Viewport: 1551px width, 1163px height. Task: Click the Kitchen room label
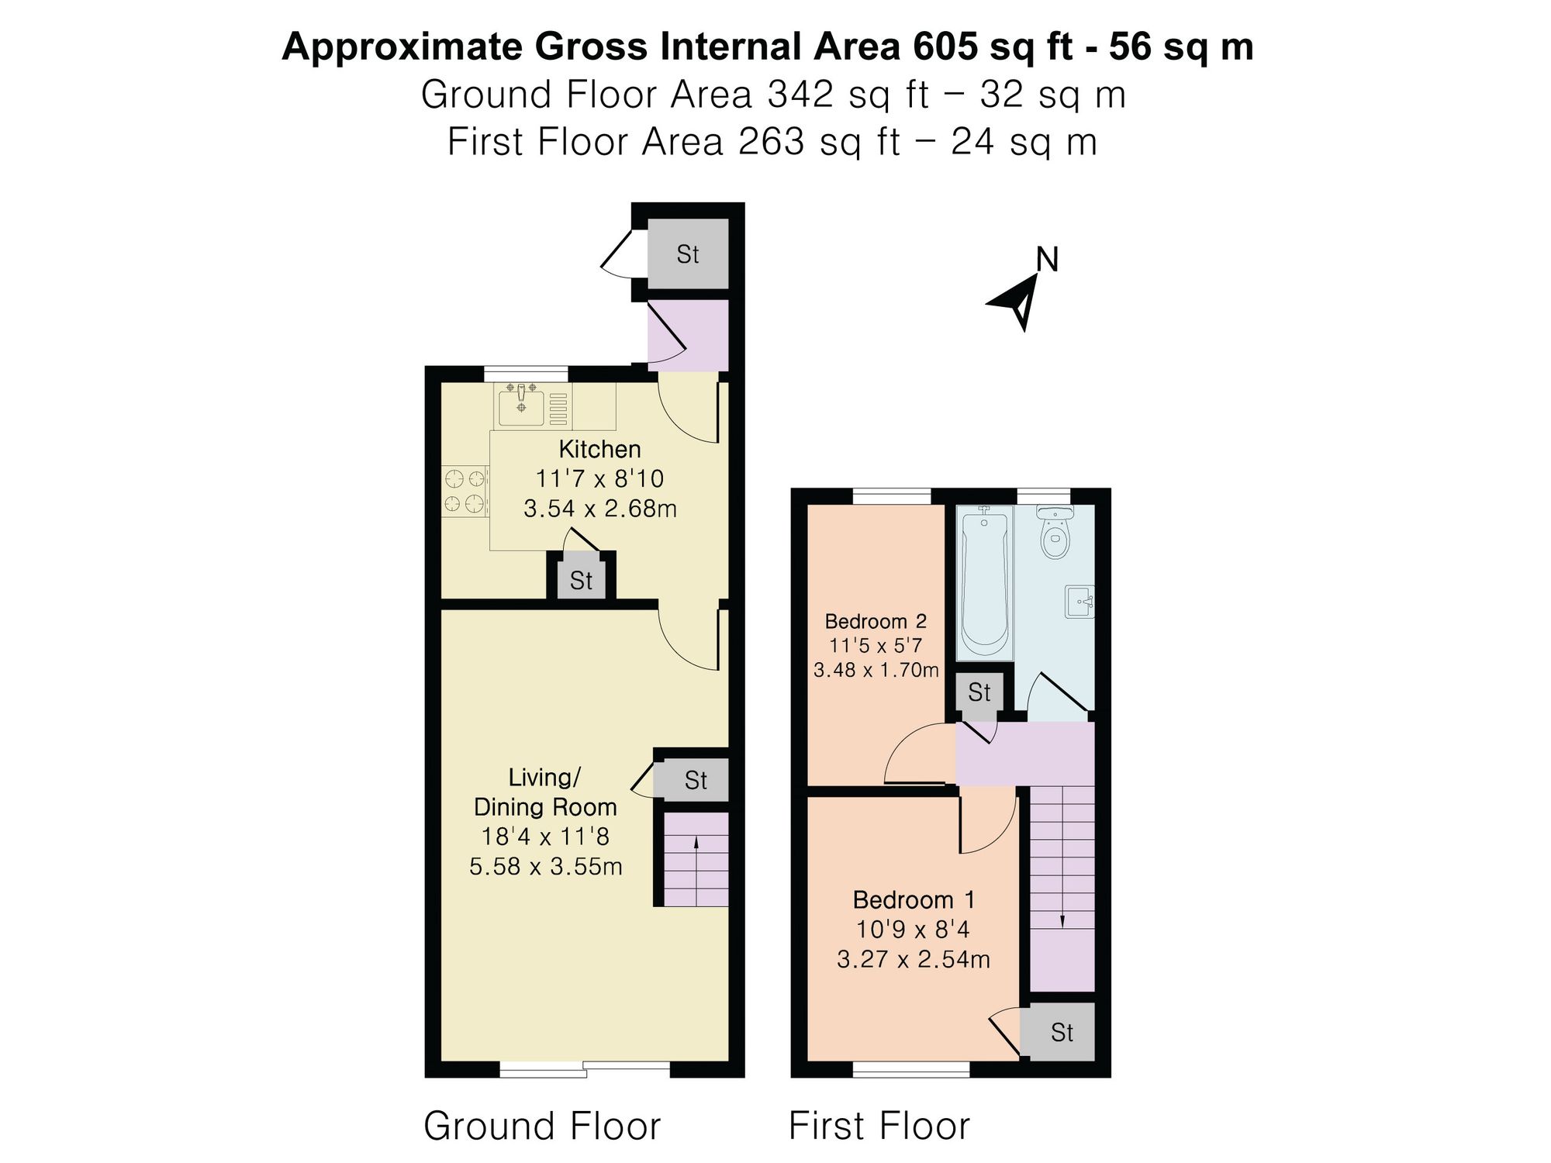[x=599, y=450]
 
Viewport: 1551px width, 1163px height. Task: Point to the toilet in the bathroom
[x=1055, y=532]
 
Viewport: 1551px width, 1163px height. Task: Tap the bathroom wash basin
[x=1080, y=602]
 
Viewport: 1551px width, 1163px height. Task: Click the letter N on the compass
[x=1047, y=260]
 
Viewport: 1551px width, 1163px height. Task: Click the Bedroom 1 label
[x=914, y=900]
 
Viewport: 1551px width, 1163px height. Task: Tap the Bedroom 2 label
[x=876, y=621]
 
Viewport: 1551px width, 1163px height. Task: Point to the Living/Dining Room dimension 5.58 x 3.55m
[x=546, y=866]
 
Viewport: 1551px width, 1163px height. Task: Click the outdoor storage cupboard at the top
[x=688, y=254]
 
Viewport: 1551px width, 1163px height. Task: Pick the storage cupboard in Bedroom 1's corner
[x=1058, y=1032]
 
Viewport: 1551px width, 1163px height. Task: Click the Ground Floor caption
[x=542, y=1126]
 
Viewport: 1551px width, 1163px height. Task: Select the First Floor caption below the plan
[x=879, y=1126]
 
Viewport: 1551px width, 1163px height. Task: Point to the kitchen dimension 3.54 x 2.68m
[x=600, y=509]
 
